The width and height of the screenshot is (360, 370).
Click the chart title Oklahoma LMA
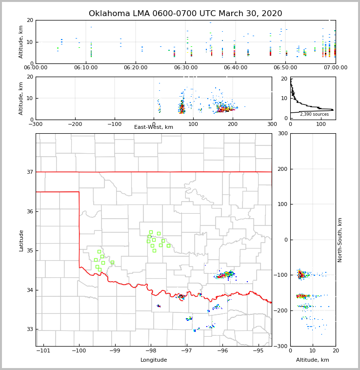(185, 14)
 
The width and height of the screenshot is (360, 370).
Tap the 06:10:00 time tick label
(86, 68)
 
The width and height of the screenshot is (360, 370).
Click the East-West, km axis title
(154, 127)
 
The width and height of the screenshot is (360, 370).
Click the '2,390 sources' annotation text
(314, 114)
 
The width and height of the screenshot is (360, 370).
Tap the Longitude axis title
(154, 360)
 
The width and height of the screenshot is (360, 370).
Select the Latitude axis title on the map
(21, 240)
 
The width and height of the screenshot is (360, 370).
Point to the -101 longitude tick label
(43, 351)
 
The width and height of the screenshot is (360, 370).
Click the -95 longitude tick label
(258, 351)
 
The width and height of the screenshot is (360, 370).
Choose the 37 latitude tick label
(29, 172)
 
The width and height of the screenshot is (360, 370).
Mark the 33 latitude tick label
(29, 329)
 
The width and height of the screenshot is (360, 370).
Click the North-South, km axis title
(340, 240)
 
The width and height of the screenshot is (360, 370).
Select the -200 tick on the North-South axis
(281, 310)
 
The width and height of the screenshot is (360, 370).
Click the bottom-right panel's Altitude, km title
(313, 360)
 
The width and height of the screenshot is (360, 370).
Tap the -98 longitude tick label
(151, 351)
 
